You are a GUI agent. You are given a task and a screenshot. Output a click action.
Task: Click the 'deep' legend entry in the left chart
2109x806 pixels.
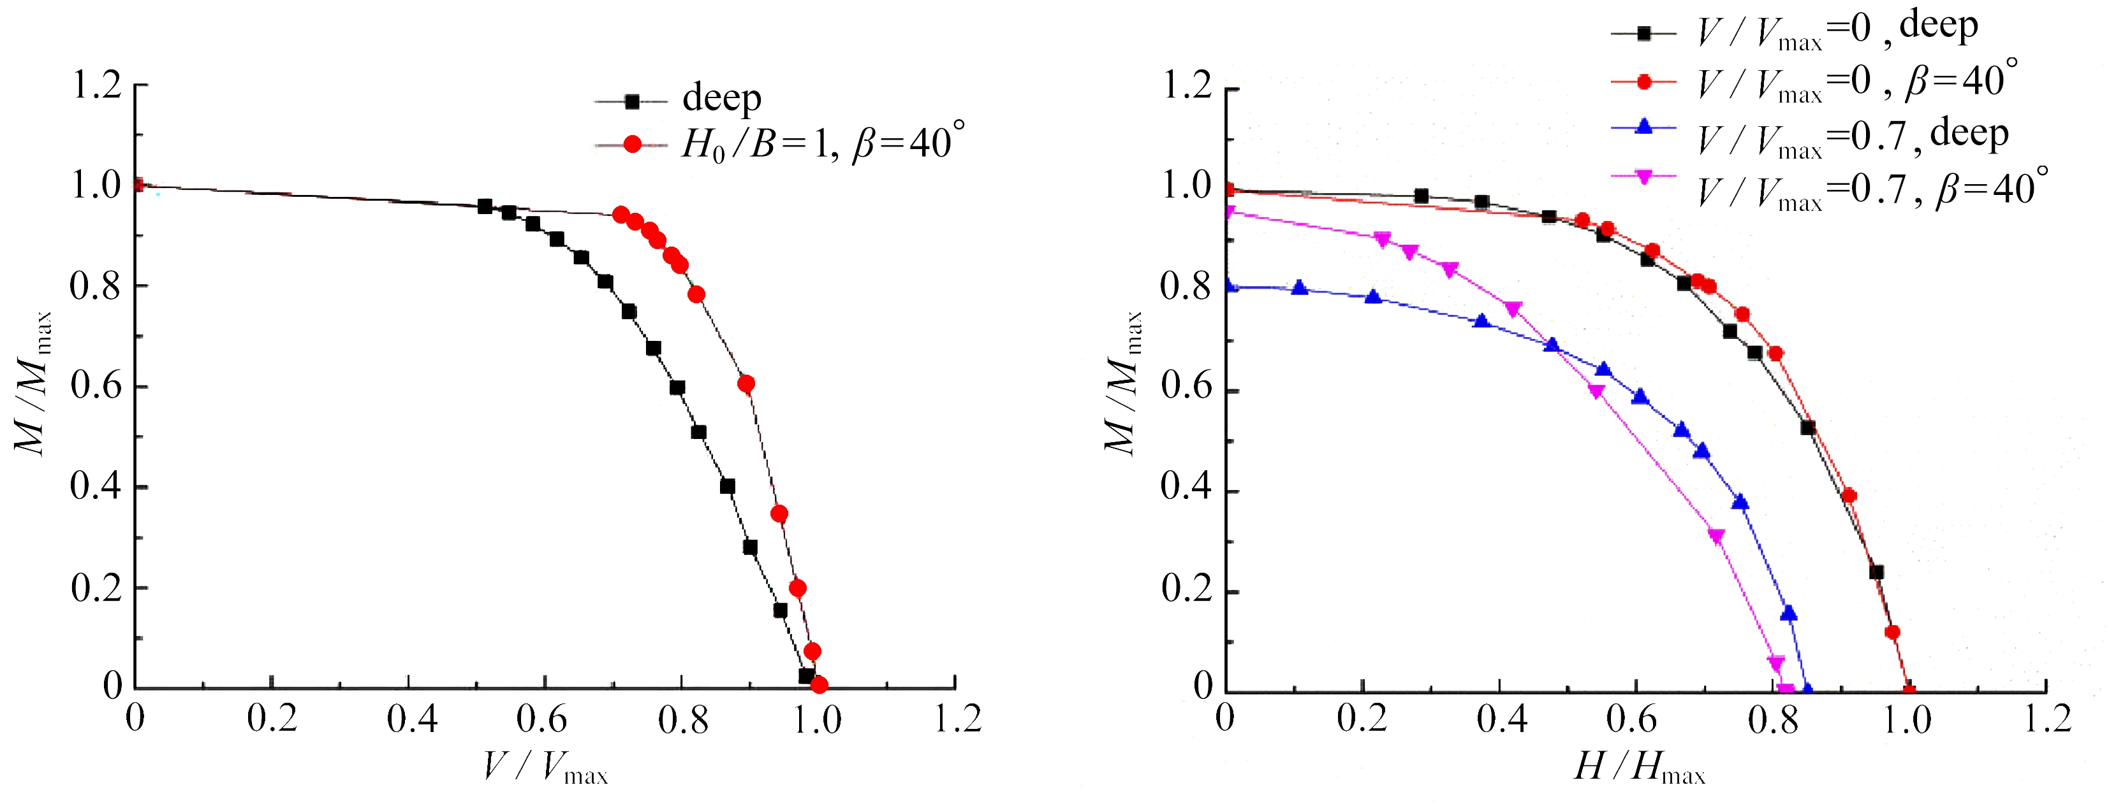click(x=721, y=99)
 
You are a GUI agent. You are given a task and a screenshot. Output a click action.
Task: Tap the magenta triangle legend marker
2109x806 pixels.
click(x=1643, y=176)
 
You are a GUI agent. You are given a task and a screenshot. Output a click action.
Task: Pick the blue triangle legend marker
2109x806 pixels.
click(x=1643, y=127)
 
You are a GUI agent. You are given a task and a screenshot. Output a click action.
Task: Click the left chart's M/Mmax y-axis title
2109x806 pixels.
click(x=33, y=383)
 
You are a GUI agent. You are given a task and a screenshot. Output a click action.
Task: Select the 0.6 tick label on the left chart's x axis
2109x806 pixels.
click(x=541, y=720)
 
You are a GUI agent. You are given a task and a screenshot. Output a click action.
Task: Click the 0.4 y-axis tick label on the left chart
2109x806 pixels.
click(x=96, y=487)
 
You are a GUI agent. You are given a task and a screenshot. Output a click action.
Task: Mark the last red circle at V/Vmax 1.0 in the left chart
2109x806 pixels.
click(x=819, y=685)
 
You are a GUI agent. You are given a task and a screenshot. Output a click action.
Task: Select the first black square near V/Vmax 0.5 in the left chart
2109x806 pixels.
click(x=485, y=206)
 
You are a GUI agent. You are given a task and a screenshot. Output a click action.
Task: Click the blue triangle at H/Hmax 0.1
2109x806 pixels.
click(x=1299, y=287)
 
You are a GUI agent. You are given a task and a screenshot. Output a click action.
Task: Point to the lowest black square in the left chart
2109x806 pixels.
click(x=807, y=676)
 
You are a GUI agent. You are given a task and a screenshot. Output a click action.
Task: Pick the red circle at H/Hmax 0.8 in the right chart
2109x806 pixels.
click(x=1775, y=354)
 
